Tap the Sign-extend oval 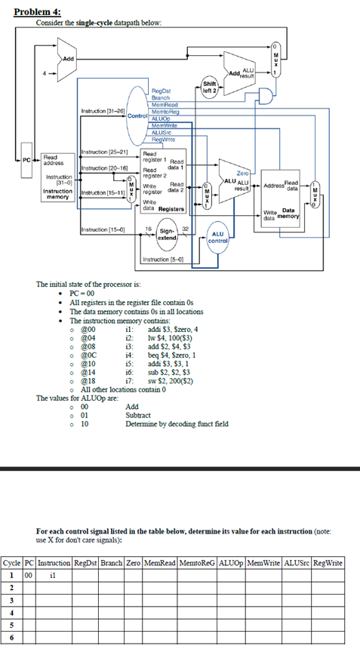pyautogui.click(x=167, y=234)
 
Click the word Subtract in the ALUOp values pyautogui.click(x=138, y=415)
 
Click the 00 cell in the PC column pyautogui.click(x=28, y=575)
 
